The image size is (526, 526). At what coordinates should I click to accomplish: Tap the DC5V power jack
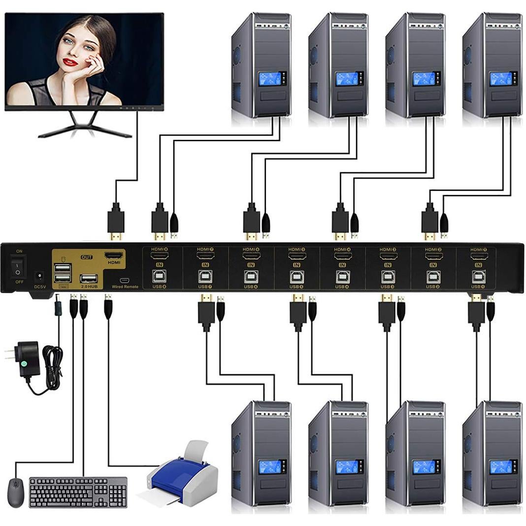click(40, 276)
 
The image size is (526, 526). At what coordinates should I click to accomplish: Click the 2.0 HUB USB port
click(89, 277)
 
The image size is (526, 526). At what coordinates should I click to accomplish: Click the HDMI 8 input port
click(159, 257)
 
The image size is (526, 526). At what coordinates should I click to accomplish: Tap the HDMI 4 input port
click(342, 257)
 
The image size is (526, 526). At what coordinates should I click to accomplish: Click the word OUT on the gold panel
click(87, 257)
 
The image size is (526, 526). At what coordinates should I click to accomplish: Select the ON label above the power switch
click(19, 251)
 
